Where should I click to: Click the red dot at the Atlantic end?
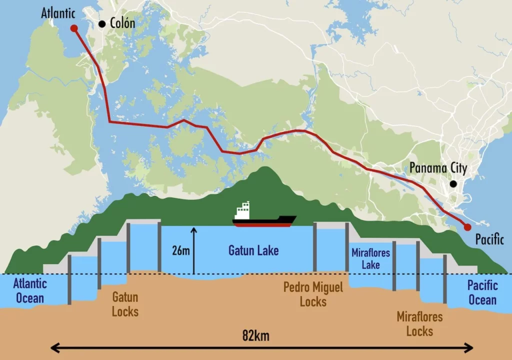click(74, 28)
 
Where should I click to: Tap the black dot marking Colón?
click(102, 23)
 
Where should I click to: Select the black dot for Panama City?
click(453, 184)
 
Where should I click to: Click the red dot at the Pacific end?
click(467, 227)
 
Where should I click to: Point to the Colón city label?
click(122, 23)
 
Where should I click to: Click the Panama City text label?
click(437, 168)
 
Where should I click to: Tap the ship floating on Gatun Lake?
click(264, 219)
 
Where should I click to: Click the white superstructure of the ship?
click(242, 211)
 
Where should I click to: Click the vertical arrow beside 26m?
click(194, 250)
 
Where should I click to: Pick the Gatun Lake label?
click(253, 249)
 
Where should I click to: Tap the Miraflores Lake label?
click(370, 258)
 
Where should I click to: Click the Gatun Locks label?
click(125, 304)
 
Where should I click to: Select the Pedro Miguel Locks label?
click(313, 294)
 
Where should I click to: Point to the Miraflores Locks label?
click(419, 323)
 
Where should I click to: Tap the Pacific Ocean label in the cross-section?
click(482, 292)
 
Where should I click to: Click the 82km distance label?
click(255, 335)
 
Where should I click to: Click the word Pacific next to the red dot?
click(489, 239)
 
